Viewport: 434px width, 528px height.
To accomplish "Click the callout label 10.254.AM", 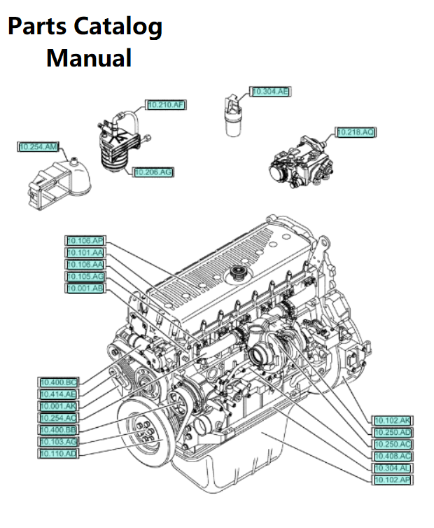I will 38,147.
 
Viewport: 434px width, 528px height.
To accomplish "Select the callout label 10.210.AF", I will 166,105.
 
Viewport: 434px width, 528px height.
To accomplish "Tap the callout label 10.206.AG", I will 154,172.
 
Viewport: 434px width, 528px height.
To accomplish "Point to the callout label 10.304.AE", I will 271,92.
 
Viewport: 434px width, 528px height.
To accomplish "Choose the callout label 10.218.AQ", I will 356,132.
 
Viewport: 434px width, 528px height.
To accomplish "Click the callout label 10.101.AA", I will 85,253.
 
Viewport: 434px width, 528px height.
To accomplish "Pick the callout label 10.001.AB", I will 85,288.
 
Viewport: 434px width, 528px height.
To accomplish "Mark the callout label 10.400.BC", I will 58,382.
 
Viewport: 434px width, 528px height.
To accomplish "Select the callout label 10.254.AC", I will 58,418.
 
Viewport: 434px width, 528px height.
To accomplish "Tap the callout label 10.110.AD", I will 58,454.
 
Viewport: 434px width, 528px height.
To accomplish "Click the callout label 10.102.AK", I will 393,421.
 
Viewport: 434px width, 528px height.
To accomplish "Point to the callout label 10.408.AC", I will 393,456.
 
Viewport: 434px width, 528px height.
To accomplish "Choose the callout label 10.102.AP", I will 393,480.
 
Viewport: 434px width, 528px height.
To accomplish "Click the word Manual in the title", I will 89,57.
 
